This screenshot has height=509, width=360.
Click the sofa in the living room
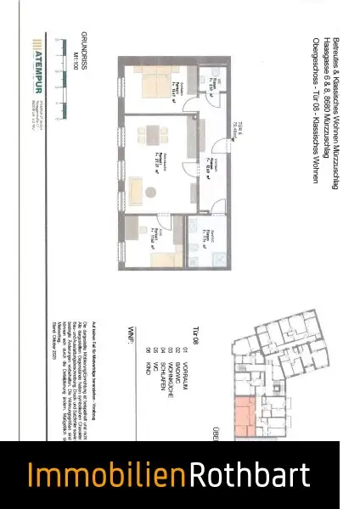137,183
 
